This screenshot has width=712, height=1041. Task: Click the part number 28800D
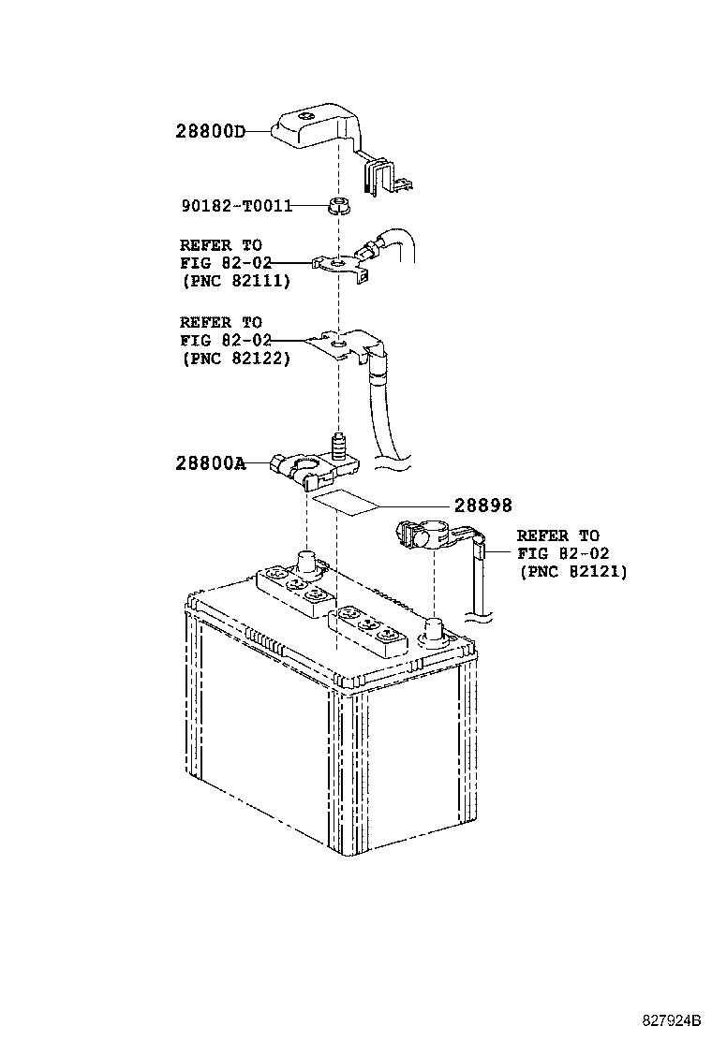point(211,131)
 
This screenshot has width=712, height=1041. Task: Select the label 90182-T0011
point(237,206)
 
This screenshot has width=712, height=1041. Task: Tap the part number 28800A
point(211,462)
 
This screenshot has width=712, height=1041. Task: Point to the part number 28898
point(482,506)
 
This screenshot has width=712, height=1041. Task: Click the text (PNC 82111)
point(235,281)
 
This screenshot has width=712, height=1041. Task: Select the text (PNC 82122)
point(235,359)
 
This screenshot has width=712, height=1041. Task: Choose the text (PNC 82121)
point(572,572)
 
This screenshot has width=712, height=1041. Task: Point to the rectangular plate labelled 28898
point(346,503)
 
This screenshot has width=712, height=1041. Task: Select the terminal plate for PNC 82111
point(340,267)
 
